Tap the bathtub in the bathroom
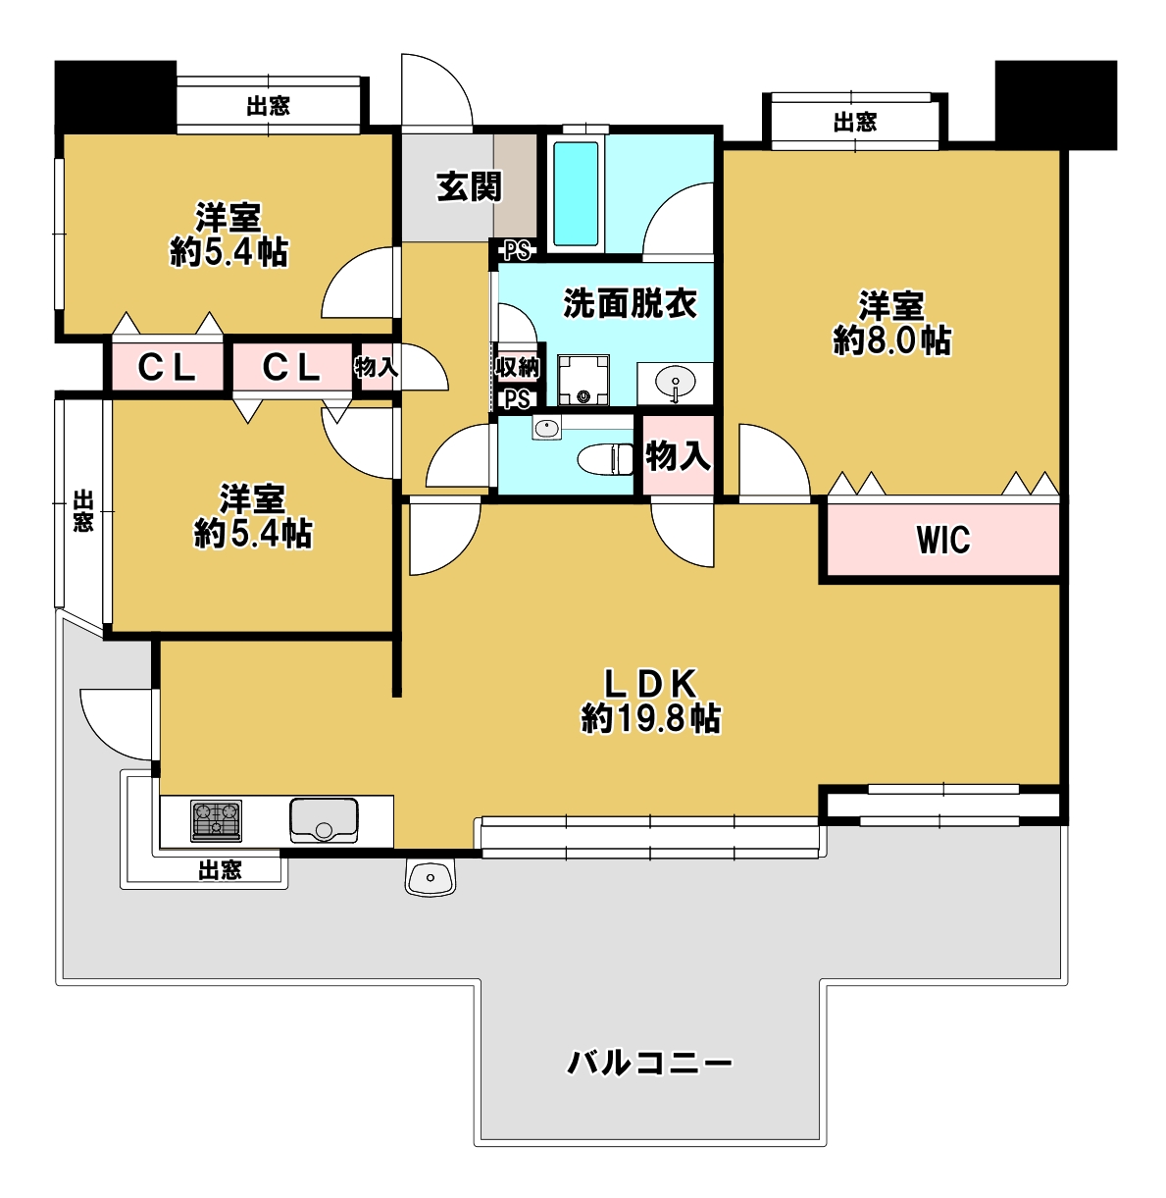576,193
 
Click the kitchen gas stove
216,820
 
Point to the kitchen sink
324,820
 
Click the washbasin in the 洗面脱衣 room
675,383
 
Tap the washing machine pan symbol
583,380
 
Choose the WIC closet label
943,539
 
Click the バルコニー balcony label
650,1064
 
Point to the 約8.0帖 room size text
892,340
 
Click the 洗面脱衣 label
630,303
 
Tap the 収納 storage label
517,367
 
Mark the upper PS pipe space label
517,250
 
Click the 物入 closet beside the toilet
678,455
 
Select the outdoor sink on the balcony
431,876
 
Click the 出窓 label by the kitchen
220,870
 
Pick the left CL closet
167,367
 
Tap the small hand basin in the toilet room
547,428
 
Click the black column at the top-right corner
1056,105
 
